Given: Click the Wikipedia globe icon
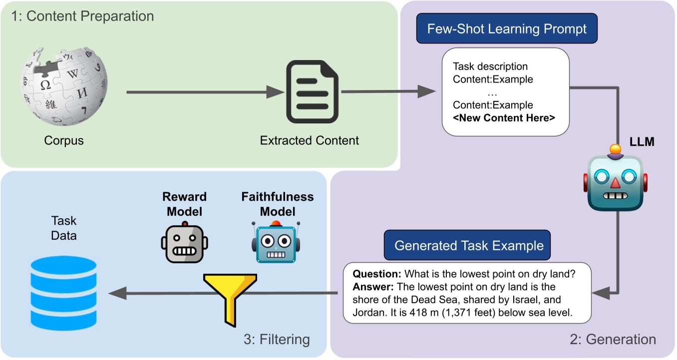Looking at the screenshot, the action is click(x=64, y=86).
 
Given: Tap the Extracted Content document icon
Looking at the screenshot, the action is click(x=312, y=91).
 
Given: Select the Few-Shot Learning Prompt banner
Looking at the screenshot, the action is click(x=507, y=28).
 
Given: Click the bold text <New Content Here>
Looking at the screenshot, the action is click(x=504, y=117).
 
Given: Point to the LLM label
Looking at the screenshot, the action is click(x=642, y=141).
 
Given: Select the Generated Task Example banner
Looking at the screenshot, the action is click(x=467, y=245).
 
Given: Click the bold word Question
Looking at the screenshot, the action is click(x=377, y=274).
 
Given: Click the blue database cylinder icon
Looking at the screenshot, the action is click(x=63, y=293).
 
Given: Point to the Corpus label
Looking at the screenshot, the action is click(x=64, y=140).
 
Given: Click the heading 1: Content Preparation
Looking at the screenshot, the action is click(x=82, y=16).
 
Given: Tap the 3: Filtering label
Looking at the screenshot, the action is click(x=277, y=339).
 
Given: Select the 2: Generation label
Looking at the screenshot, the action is click(x=613, y=339).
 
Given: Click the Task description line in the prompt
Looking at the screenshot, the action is click(x=490, y=66).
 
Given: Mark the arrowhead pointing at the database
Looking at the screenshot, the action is click(x=117, y=293).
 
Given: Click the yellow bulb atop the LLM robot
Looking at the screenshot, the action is click(x=616, y=149).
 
